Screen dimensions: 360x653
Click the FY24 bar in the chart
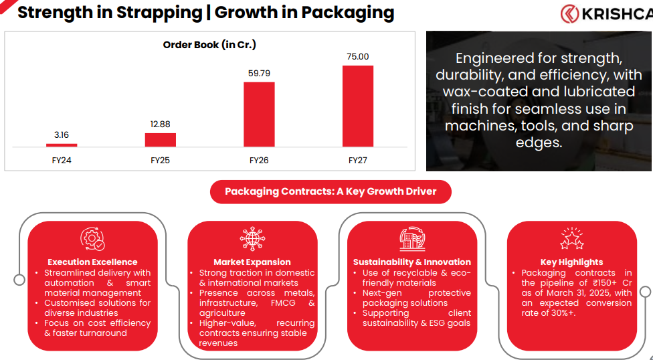point(62,145)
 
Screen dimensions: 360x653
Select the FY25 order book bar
point(161,139)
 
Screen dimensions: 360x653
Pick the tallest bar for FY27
point(358,106)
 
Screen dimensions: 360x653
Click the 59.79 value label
point(259,73)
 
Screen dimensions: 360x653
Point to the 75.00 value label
point(358,57)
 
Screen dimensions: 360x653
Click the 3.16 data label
point(62,135)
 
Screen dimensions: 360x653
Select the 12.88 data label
point(161,124)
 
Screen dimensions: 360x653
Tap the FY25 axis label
point(161,161)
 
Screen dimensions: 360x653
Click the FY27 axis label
point(358,161)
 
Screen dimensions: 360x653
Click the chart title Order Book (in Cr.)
point(209,45)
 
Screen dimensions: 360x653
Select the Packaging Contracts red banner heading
point(331,192)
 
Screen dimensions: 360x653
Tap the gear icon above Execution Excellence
point(92,239)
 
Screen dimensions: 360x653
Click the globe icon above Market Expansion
point(252,239)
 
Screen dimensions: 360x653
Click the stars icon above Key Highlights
point(571,239)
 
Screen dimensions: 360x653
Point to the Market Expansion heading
point(252,262)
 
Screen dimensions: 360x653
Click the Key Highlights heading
point(571,262)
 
